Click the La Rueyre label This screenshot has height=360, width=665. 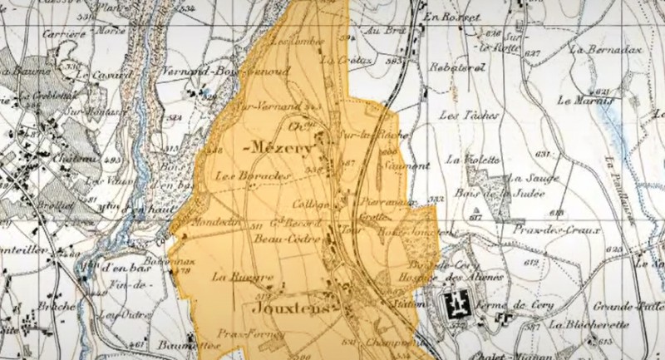[x=230, y=277]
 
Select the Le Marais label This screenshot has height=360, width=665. [x=581, y=101]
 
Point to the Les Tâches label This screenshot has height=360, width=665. [x=461, y=113]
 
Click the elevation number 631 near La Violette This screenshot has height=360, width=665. [x=544, y=155]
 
